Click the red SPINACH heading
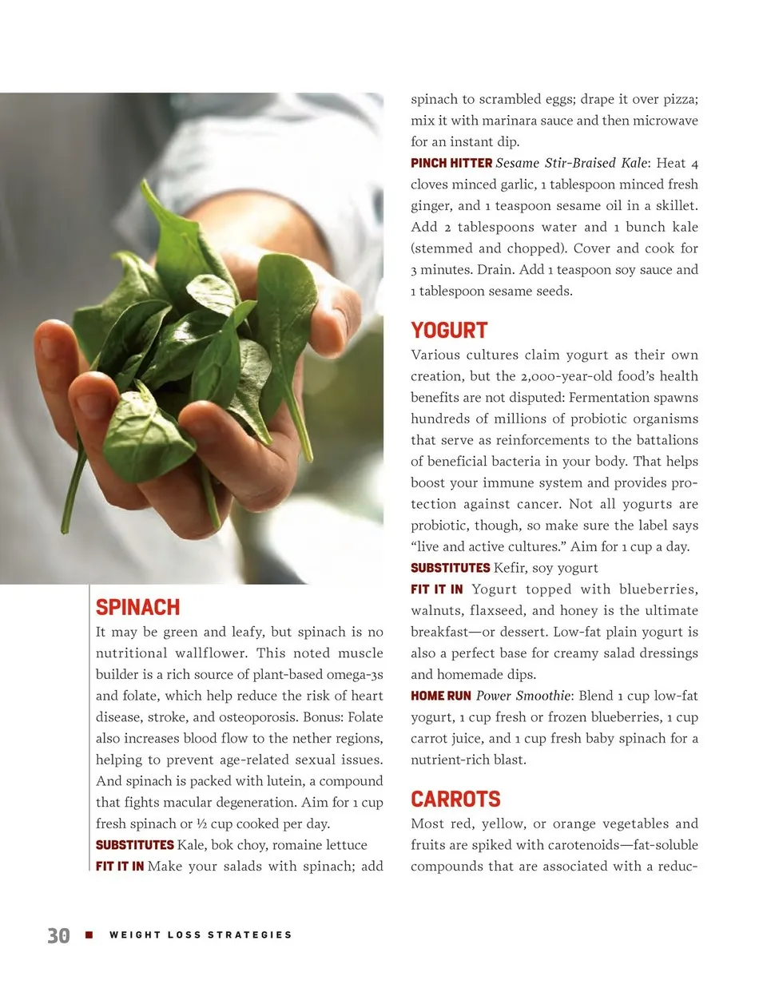pyautogui.click(x=137, y=608)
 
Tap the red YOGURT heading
pyautogui.click(x=449, y=331)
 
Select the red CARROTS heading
pyautogui.click(x=455, y=800)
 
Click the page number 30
pyautogui.click(x=58, y=935)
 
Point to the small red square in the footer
pyautogui.click(x=89, y=935)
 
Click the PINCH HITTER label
pyautogui.click(x=451, y=163)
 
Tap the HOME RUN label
pyautogui.click(x=440, y=696)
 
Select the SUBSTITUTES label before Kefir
pyautogui.click(x=450, y=568)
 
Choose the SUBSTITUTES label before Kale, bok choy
pyautogui.click(x=134, y=845)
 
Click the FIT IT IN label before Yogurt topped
pyautogui.click(x=436, y=589)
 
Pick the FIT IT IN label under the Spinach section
pyautogui.click(x=120, y=866)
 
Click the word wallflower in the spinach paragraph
pyautogui.click(x=211, y=653)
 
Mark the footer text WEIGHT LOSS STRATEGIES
pyautogui.click(x=201, y=935)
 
